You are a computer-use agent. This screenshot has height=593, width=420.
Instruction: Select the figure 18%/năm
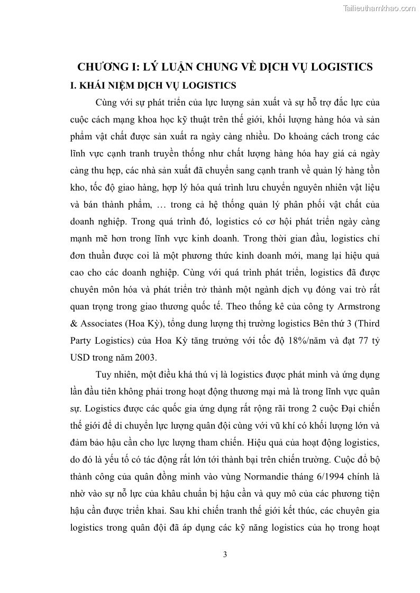pos(306,340)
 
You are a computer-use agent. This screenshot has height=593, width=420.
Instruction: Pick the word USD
pos(79,357)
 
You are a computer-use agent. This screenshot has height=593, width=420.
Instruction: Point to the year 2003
pos(145,357)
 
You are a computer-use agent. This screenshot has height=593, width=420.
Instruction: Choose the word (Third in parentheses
pos(365,323)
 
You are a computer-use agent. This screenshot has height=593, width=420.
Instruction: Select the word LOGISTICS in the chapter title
pos(335,67)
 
